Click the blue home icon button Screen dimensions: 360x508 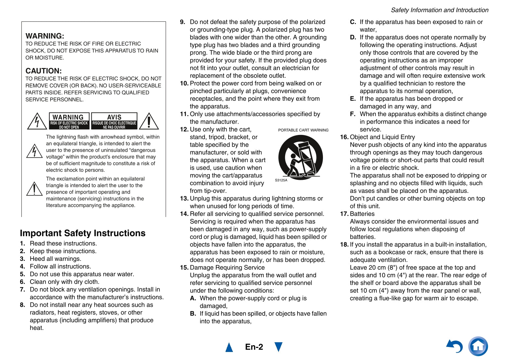(478, 346)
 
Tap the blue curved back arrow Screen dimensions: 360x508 (454, 346)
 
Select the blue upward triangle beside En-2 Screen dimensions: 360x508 (229, 347)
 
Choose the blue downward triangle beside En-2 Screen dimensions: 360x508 (278, 347)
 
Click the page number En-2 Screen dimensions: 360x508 (254, 347)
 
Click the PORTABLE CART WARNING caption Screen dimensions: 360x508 (303, 130)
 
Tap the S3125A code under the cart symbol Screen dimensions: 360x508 (281, 180)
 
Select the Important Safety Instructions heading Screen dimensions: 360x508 (83, 233)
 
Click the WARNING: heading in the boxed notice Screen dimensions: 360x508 (45, 36)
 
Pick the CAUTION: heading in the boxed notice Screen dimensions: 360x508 (44, 71)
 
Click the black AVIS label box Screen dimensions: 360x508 (114, 121)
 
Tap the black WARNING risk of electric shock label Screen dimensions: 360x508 (69, 121)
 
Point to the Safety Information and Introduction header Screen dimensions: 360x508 (439, 10)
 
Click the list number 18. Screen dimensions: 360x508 (344, 244)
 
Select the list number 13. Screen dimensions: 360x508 (184, 198)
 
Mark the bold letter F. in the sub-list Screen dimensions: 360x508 (353, 114)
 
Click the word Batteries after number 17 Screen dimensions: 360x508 (362, 214)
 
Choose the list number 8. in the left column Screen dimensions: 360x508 (22, 305)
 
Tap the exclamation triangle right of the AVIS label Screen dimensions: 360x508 (149, 122)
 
